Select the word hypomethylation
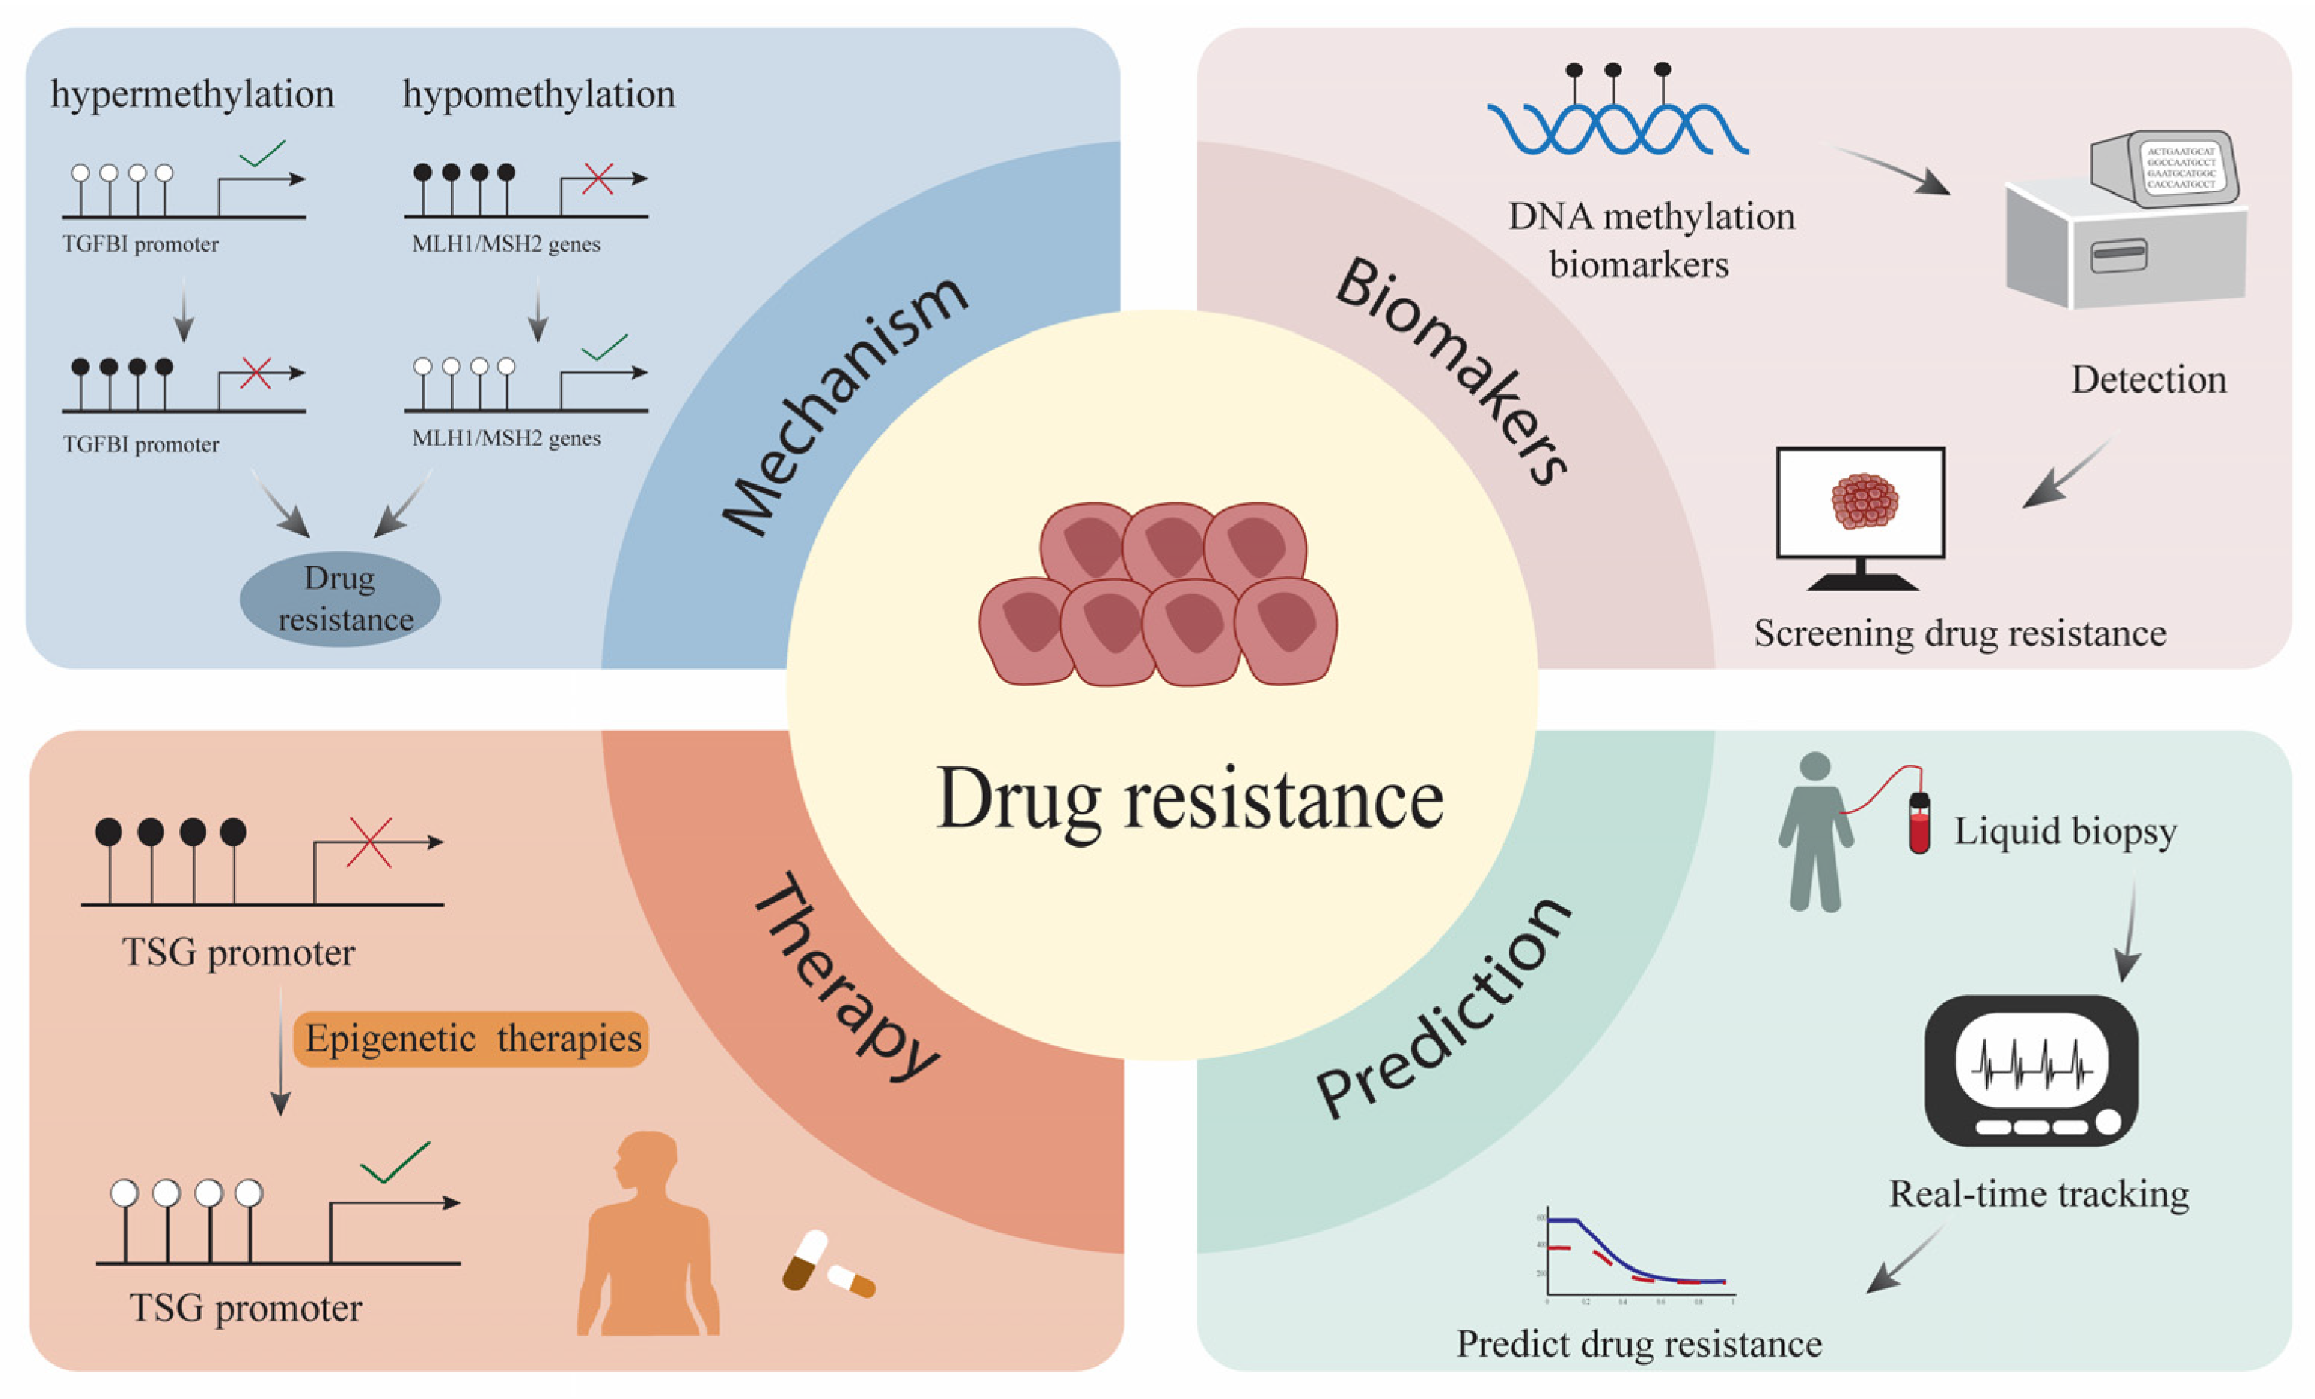pyautogui.click(x=538, y=95)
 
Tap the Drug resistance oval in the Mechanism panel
pyautogui.click(x=340, y=598)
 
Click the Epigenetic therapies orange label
pyautogui.click(x=472, y=1038)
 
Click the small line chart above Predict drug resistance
pyautogui.click(x=1640, y=1255)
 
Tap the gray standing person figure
pyautogui.click(x=1815, y=832)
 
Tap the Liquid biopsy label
pyautogui.click(x=2065, y=832)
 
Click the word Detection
pyautogui.click(x=2148, y=380)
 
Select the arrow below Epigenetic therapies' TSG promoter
pyautogui.click(x=280, y=1052)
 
